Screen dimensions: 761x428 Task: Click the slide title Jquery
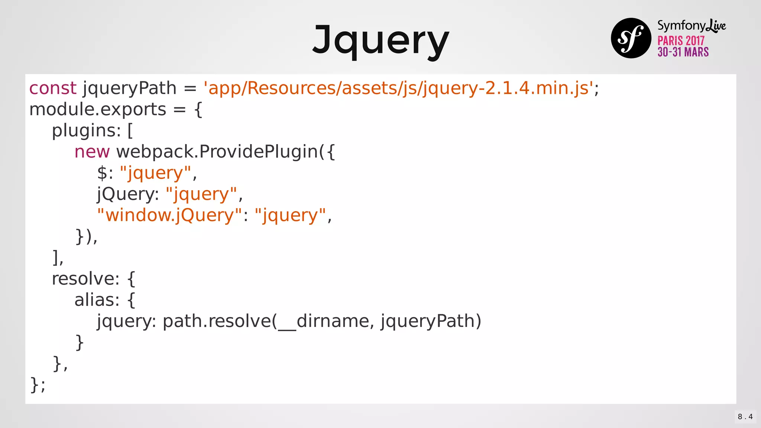click(x=380, y=40)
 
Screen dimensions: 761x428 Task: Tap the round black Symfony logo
click(x=631, y=38)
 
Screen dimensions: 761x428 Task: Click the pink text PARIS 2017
click(x=681, y=40)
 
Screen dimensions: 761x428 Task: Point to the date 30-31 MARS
click(x=683, y=52)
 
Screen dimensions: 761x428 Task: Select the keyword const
click(x=53, y=88)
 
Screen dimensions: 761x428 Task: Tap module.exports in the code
click(x=98, y=110)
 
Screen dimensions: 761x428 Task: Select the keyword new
click(x=92, y=152)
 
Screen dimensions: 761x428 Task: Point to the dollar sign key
click(x=102, y=173)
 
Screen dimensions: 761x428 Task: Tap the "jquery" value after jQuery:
click(x=201, y=194)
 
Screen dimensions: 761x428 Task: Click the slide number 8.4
click(x=745, y=417)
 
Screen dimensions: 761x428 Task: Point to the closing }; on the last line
click(x=38, y=385)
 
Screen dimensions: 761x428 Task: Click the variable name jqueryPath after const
click(x=129, y=88)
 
